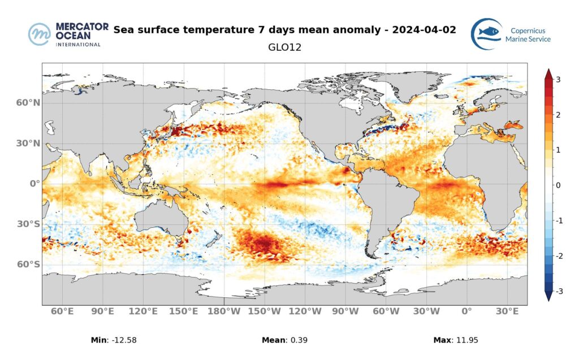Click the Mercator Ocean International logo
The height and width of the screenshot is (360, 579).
point(64,34)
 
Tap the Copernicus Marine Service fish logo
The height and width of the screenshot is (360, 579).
point(487,34)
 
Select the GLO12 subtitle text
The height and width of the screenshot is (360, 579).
point(284,47)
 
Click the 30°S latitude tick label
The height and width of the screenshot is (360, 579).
point(28,224)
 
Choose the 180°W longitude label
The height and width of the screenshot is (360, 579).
point(224,311)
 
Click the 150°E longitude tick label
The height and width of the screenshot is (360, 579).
point(184,311)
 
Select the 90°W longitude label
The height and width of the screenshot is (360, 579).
point(345,311)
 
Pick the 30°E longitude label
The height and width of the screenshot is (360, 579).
point(507,311)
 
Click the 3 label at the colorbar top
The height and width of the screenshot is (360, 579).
point(558,80)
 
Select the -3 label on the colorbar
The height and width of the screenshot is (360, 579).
point(557,291)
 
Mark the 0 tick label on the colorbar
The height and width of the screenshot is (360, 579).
point(558,185)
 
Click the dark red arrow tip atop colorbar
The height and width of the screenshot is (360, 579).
point(547,72)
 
